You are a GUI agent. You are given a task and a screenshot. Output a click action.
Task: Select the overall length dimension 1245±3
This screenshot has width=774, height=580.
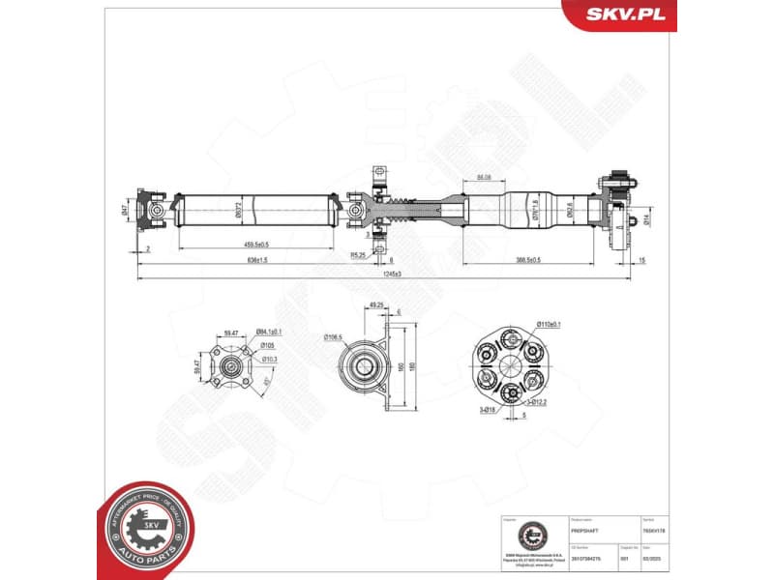pos(392,275)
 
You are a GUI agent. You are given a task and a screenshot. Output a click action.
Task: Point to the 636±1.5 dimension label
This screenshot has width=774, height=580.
pos(257,260)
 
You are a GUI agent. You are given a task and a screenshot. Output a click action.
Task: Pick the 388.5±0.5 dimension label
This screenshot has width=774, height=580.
pos(527,259)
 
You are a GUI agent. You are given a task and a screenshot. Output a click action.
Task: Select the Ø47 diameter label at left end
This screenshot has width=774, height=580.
pos(125,209)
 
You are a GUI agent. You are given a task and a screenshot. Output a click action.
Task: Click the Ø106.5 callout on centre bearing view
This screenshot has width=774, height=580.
pos(333,336)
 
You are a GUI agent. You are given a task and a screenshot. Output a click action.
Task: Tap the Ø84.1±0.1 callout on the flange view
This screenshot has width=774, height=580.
pos(269,333)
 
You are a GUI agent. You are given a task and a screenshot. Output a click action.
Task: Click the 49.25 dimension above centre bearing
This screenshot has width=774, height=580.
pos(378,306)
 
